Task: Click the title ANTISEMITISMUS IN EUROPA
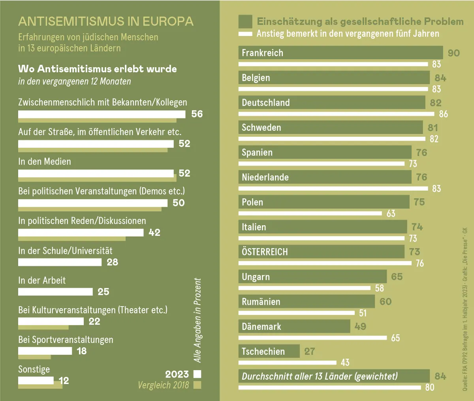(106, 21)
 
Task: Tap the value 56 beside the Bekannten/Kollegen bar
(197, 114)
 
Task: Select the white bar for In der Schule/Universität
(60, 262)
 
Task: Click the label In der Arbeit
(42, 280)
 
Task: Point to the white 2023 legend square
(197, 374)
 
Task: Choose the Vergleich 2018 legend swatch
(198, 385)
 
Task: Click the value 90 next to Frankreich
(454, 53)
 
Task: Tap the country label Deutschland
(266, 103)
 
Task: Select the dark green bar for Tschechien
(269, 351)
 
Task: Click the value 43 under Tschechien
(345, 362)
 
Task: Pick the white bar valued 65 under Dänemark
(312, 338)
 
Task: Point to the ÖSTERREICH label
(265, 252)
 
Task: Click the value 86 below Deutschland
(444, 114)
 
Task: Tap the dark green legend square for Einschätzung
(245, 21)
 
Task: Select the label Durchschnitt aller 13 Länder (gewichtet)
(320, 376)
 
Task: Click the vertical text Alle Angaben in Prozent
(197, 320)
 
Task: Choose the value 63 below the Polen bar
(391, 214)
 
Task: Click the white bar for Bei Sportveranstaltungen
(45, 351)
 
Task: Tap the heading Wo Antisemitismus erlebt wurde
(98, 69)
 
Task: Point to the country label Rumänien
(261, 302)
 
